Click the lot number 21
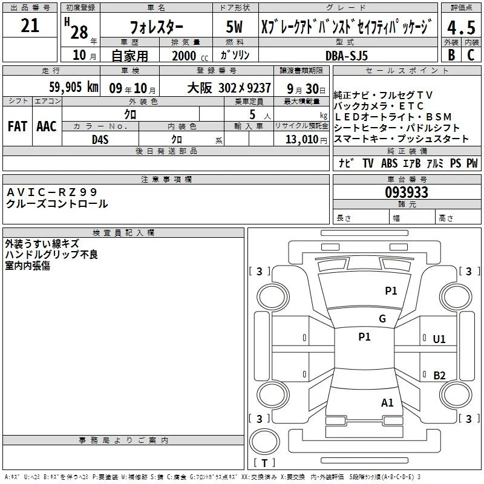click(x=30, y=25)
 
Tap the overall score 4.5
click(x=461, y=27)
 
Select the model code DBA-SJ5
click(x=347, y=56)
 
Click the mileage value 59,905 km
click(x=74, y=87)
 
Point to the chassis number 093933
click(x=407, y=192)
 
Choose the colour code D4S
click(x=100, y=140)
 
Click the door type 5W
click(x=235, y=27)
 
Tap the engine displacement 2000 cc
click(x=190, y=56)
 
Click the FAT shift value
click(x=18, y=126)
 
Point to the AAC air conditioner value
click(x=47, y=126)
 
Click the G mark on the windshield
click(x=382, y=318)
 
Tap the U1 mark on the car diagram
click(x=439, y=339)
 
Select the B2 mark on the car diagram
click(x=439, y=375)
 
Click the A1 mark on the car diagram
click(x=387, y=402)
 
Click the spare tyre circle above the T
click(x=264, y=442)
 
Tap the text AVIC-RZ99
click(x=52, y=192)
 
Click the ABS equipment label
click(x=389, y=163)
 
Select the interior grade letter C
click(x=471, y=55)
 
